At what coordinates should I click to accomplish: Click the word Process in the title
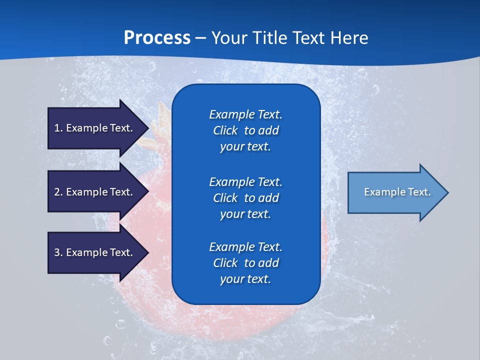coord(157,37)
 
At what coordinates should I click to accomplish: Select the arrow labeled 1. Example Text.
coord(95,128)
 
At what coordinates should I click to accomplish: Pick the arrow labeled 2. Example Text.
coord(95,192)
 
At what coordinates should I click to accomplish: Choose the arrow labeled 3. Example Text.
coord(95,252)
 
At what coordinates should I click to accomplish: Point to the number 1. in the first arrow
coord(58,128)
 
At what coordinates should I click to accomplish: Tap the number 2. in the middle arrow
coord(58,192)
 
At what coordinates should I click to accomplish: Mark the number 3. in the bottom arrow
coord(58,252)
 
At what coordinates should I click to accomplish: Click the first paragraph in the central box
coord(245,130)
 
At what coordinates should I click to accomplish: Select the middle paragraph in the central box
coord(245,197)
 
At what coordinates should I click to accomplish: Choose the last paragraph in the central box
coord(245,263)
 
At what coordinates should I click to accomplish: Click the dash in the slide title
coord(200,38)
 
